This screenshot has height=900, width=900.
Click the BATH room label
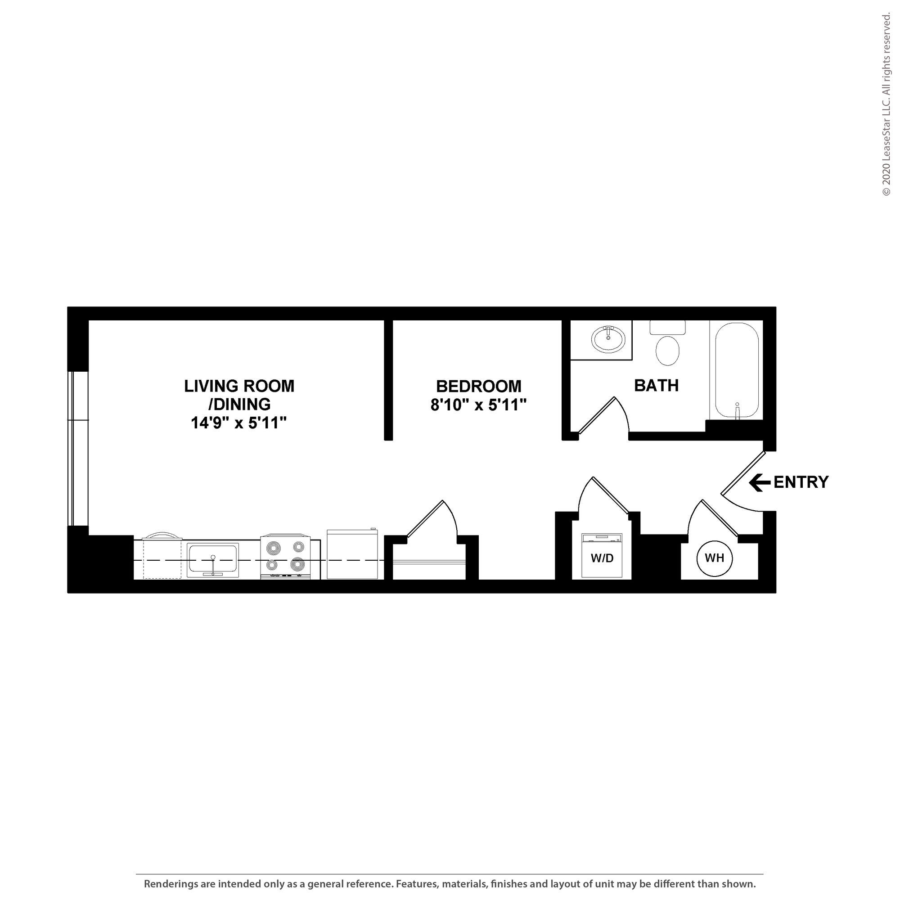[656, 385]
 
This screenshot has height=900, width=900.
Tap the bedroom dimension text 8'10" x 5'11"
[478, 405]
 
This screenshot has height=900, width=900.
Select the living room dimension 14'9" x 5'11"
[238, 423]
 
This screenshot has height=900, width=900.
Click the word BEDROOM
[478, 386]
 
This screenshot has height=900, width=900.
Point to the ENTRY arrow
[759, 482]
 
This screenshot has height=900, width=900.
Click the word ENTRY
[801, 482]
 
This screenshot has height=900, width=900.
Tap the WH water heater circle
[714, 558]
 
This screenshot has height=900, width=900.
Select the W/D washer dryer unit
[601, 556]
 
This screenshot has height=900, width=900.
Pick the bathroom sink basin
[608, 339]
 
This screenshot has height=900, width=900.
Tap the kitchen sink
[213, 560]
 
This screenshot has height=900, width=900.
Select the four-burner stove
[286, 556]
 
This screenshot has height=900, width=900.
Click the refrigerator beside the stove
[352, 554]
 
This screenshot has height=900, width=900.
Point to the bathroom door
[598, 415]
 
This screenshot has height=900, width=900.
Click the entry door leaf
[743, 472]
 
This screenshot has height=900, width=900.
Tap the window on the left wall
[78, 448]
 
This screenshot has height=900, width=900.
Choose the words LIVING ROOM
[239, 386]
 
